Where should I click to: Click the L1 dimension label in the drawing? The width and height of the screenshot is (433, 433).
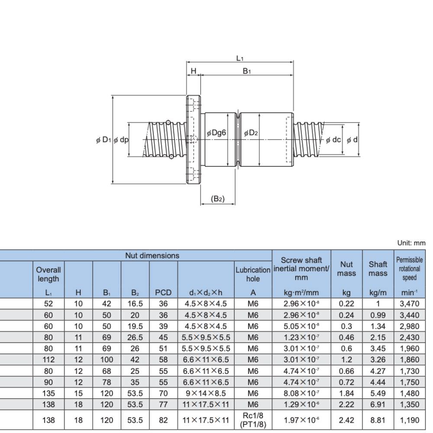tap(240, 58)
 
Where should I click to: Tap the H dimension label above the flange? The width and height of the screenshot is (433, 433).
tap(194, 71)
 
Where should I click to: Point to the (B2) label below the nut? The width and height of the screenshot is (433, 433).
tap(218, 199)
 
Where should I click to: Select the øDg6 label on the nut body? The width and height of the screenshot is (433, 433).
tap(216, 133)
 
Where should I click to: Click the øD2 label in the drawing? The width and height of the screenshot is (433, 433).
tap(251, 133)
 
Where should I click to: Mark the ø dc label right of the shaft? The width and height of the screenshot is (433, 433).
tap(333, 140)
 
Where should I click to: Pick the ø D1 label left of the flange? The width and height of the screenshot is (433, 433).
tap(103, 140)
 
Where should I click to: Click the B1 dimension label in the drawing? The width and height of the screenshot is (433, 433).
tap(247, 71)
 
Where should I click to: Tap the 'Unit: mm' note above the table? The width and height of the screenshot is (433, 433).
tap(411, 243)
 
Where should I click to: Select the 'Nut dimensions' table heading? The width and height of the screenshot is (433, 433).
tap(152, 255)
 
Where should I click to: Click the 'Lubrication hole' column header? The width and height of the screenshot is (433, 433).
tap(253, 274)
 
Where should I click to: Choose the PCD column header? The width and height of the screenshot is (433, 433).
tap(163, 292)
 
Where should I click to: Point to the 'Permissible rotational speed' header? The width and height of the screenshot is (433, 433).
tap(409, 269)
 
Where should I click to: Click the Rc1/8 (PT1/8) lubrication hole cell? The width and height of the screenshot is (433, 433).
tap(253, 420)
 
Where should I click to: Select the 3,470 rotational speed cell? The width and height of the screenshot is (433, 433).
tap(409, 304)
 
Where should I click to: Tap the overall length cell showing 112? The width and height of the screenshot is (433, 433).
tap(48, 359)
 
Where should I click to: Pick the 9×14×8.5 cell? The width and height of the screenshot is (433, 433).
tap(206, 393)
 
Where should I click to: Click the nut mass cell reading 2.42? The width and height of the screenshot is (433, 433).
tap(346, 420)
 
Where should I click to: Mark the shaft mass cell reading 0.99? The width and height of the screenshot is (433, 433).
tap(378, 315)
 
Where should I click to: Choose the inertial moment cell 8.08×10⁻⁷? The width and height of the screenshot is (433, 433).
tap(301, 393)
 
